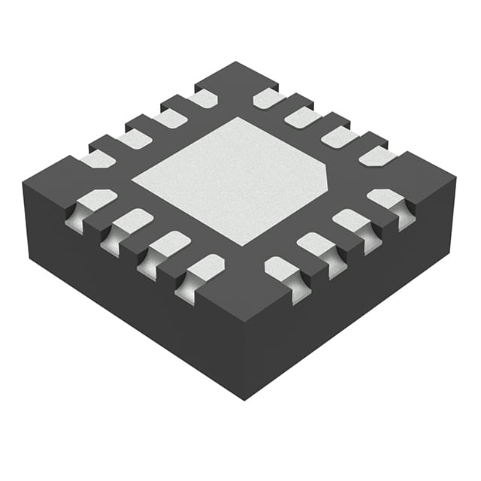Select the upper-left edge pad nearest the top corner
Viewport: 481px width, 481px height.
[x=204, y=98]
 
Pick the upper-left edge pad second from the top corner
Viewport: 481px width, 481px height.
[x=170, y=118]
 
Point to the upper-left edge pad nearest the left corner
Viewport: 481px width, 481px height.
[x=98, y=159]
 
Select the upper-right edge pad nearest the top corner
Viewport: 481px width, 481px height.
[x=268, y=98]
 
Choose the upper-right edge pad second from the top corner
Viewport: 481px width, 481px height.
[x=302, y=117]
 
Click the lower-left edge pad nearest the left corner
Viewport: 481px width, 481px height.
[x=95, y=201]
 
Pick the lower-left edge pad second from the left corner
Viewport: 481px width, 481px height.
[x=132, y=221]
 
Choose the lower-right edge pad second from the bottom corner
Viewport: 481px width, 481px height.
[x=317, y=245]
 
